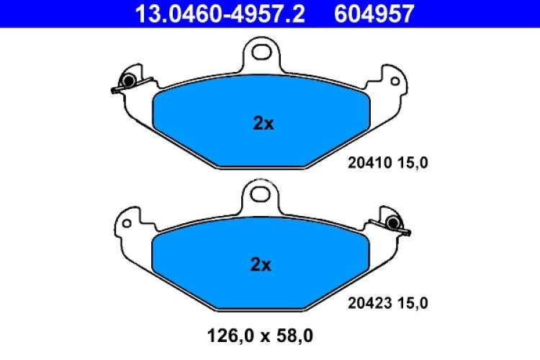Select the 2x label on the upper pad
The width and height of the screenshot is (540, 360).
click(x=264, y=124)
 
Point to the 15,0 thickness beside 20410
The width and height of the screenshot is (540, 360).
click(x=415, y=163)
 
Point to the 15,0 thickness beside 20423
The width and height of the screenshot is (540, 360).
click(x=415, y=304)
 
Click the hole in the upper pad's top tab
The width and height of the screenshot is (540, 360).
click(x=260, y=51)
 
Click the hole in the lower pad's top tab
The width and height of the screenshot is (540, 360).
click(x=260, y=192)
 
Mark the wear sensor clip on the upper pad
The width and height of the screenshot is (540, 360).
click(x=127, y=82)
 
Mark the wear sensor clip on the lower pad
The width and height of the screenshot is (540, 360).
click(x=392, y=224)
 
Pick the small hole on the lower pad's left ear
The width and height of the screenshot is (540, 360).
click(x=127, y=224)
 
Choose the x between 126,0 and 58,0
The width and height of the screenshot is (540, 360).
click(x=262, y=336)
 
